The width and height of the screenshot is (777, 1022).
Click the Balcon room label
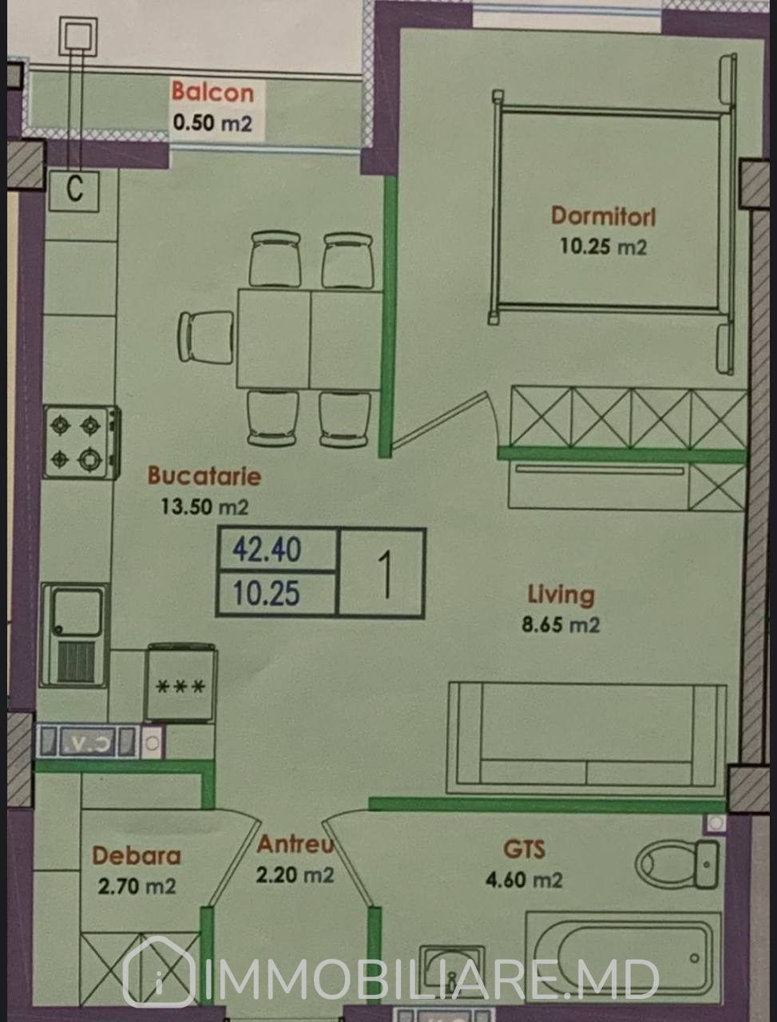click(x=212, y=92)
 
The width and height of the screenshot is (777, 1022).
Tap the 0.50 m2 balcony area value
click(x=212, y=124)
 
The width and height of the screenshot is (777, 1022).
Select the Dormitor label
click(x=604, y=216)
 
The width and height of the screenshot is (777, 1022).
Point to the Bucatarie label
click(x=204, y=476)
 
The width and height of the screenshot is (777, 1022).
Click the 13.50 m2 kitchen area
click(x=204, y=506)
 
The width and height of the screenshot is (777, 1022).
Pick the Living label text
click(x=561, y=595)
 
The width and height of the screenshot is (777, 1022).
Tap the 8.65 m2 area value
click(x=561, y=625)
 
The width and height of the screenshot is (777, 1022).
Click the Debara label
click(x=137, y=856)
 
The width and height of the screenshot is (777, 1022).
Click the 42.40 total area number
click(x=267, y=549)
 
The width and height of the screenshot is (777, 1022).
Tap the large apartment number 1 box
click(x=382, y=573)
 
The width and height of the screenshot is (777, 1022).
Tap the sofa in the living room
click(x=586, y=739)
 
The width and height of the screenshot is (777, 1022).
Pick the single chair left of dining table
click(x=207, y=338)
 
